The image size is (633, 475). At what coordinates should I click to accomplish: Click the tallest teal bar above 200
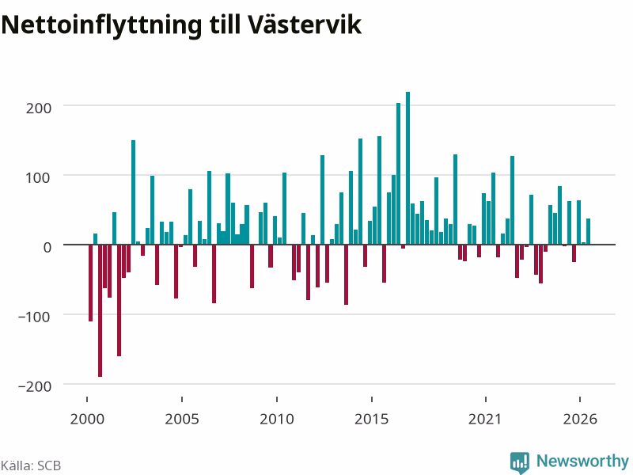coord(407,168)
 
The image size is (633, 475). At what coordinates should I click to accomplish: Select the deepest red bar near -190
coord(100,310)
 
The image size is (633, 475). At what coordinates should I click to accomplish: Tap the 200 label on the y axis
coord(39,108)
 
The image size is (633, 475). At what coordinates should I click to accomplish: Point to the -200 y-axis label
coord(35,386)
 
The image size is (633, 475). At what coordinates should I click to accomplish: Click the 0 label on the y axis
coord(47,247)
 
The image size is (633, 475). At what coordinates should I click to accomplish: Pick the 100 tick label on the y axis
coord(39,177)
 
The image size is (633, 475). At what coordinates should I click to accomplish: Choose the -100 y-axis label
coord(35,317)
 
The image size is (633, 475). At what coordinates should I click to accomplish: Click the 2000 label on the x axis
coord(87,419)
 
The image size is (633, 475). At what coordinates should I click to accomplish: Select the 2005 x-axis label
coord(182,419)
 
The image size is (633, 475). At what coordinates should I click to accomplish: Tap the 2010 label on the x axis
coord(277,419)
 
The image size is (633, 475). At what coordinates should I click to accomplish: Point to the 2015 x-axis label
coord(372,419)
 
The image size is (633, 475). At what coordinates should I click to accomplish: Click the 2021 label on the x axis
coord(485,419)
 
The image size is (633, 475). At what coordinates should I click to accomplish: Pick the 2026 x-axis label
coord(580,419)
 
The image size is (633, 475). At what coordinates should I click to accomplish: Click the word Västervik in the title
coord(305,25)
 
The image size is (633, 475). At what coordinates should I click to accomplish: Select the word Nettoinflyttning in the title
coord(101,26)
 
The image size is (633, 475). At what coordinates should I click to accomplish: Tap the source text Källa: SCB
coord(31,465)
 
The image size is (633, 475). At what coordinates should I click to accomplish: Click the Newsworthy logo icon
coord(520,462)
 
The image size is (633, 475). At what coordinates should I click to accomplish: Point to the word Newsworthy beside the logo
coord(582,461)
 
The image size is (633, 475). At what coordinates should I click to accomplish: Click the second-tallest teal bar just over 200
coord(399,173)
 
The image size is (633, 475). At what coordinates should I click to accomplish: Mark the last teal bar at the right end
coord(588,231)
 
